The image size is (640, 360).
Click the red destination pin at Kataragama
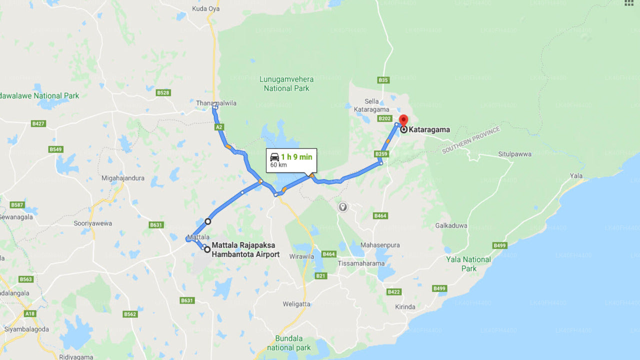(403, 120)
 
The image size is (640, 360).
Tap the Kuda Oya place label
(206, 8)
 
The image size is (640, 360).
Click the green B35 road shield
(383, 80)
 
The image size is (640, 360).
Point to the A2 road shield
(219, 127)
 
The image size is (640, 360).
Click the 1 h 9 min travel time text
(296, 157)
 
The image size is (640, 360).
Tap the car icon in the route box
(274, 157)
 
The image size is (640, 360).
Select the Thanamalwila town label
(215, 103)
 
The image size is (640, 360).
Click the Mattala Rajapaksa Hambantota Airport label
(245, 250)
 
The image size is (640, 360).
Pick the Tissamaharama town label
(361, 263)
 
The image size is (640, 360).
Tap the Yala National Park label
(468, 263)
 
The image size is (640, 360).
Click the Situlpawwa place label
(514, 154)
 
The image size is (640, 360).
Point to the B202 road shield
(384, 118)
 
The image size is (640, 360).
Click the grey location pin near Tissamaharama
(342, 206)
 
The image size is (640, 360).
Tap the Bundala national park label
(288, 343)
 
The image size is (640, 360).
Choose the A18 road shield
(30, 313)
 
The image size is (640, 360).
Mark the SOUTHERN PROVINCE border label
(470, 140)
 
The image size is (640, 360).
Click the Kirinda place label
(405, 306)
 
